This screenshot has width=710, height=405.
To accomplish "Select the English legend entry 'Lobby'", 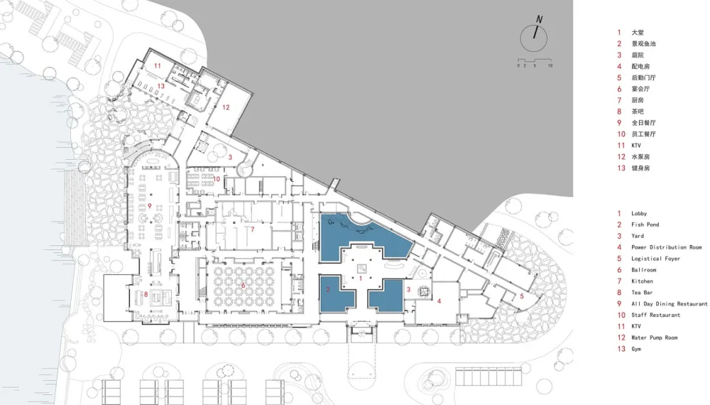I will (639, 213).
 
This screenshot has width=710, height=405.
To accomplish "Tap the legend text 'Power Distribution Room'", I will (666, 247).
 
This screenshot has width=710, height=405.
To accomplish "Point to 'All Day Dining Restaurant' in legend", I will (669, 304).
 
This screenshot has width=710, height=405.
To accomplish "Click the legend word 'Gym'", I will (636, 349).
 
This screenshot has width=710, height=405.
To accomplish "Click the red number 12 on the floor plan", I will (226, 108).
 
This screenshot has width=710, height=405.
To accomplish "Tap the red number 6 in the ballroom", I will (243, 286).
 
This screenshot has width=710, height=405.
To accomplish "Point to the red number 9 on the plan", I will (150, 207).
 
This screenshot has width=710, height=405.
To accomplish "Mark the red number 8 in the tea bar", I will (146, 293).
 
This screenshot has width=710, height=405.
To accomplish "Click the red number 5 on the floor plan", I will (521, 296).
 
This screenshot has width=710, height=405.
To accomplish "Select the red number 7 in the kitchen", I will (251, 229).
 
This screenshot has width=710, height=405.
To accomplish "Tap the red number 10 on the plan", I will (216, 179).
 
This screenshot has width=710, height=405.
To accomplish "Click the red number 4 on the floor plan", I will (439, 301).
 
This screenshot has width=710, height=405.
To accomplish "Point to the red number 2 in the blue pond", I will (328, 289).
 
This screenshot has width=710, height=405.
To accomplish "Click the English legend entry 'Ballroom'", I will (643, 270).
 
